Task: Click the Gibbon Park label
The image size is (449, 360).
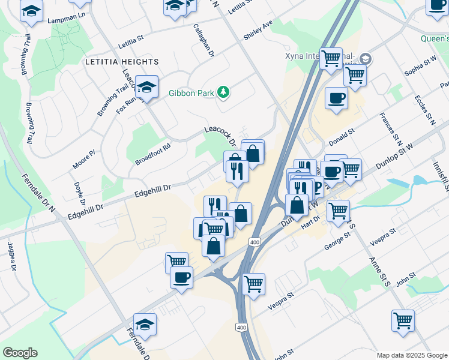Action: pos(191,92)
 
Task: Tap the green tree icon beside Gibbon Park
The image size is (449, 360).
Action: pos(223,92)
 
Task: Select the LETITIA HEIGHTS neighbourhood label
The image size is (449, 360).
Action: pos(122,62)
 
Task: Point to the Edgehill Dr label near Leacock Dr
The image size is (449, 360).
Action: pos(152,191)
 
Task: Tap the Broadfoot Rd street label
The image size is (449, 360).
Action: pos(152,154)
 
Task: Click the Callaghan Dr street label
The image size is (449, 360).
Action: pos(203,40)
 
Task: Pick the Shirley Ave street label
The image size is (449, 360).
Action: pos(258,30)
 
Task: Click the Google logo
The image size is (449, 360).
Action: pos(20,353)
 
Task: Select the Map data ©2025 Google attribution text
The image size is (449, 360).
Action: pos(411,355)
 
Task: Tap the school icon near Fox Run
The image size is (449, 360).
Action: pos(146,88)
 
